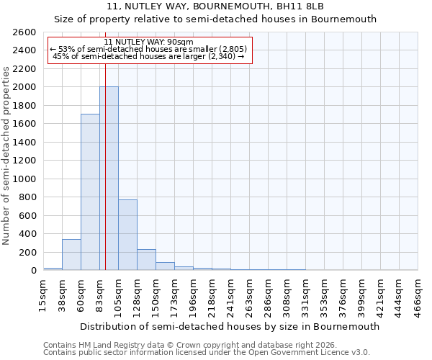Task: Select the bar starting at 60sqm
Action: pyautogui.click(x=90, y=193)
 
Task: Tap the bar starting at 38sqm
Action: pyautogui.click(x=71, y=255)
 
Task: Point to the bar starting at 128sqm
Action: pyautogui.click(x=146, y=260)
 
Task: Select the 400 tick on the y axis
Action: pyautogui.click(x=28, y=234)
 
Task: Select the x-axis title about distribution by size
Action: pyautogui.click(x=230, y=326)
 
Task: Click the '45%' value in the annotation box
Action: pyautogui.click(x=60, y=57)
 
